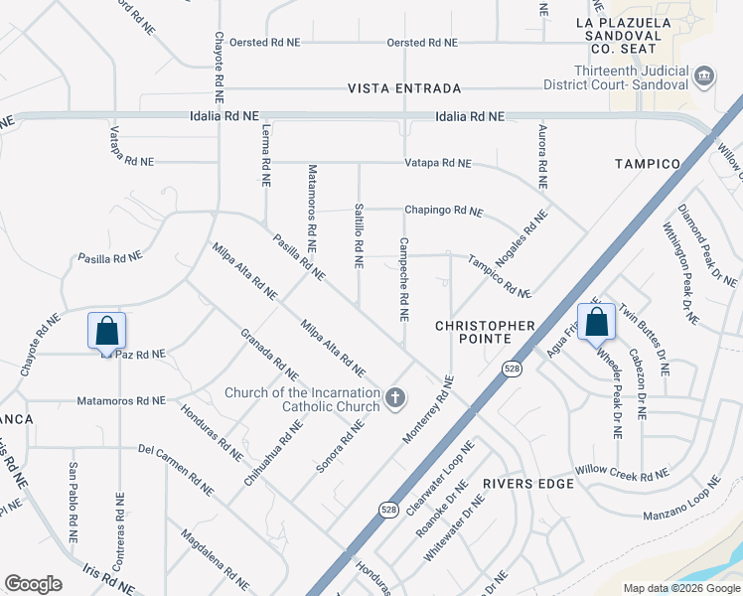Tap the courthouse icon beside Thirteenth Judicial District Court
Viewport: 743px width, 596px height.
tap(703, 75)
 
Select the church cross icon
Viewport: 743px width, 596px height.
tap(395, 398)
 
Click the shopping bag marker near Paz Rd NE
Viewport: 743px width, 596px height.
tap(106, 331)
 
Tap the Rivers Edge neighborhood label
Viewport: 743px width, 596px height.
tap(529, 484)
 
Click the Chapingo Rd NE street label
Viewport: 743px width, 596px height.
tap(442, 211)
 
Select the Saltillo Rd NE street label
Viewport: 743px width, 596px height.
tap(358, 235)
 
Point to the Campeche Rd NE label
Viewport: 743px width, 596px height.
tap(403, 279)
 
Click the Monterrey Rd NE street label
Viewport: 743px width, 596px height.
tap(429, 407)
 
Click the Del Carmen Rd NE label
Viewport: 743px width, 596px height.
tap(176, 469)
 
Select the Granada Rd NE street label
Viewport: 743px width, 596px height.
tap(268, 355)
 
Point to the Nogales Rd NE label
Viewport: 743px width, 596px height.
tap(521, 235)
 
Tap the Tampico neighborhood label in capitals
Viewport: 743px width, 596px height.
tap(647, 163)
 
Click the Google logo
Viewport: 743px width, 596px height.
tap(34, 584)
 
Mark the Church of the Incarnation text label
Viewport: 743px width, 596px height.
tap(302, 398)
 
